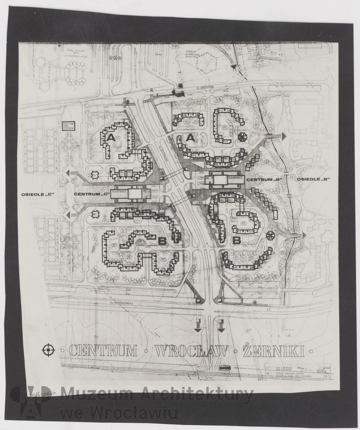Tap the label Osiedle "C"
(38, 194)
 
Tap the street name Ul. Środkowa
(196, 87)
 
